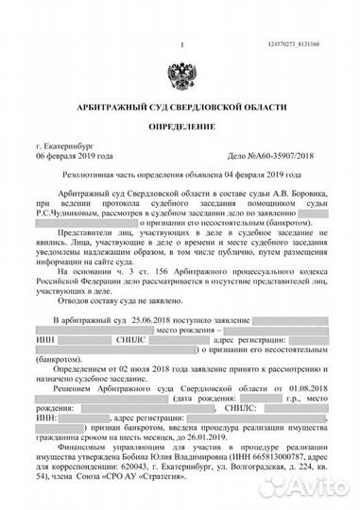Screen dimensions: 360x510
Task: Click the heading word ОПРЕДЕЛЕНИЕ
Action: pos(180,125)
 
